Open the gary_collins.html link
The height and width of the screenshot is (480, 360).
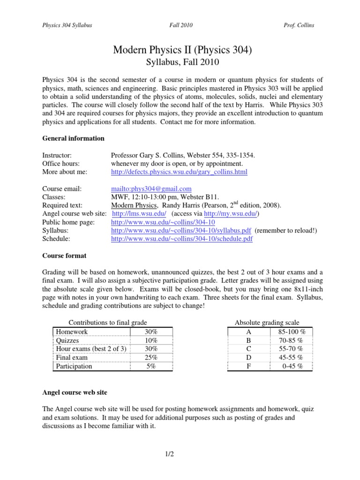tap(179, 172)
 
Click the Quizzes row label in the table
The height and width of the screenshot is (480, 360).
tap(67, 340)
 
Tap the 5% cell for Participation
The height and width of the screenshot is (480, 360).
tap(151, 366)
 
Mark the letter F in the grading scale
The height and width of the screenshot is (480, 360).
tap(248, 366)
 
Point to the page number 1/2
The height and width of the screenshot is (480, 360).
tap(180, 453)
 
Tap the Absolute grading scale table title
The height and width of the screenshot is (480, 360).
tap(267, 322)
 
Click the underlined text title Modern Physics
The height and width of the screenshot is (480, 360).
tap(132, 205)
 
